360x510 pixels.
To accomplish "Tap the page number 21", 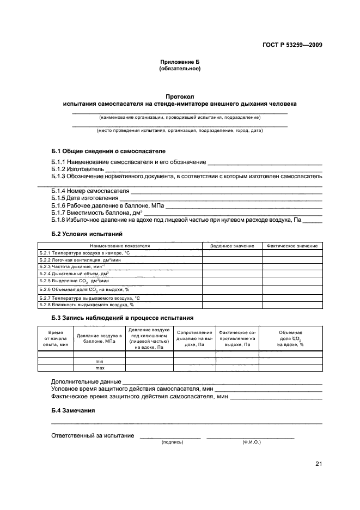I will pyautogui.click(x=318, y=464).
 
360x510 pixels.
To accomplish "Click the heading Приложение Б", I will pyautogui.click(x=180, y=63).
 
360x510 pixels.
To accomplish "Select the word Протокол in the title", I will pyautogui.click(x=180, y=96).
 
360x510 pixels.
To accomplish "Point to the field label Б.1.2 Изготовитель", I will pyautogui.click(x=74, y=169).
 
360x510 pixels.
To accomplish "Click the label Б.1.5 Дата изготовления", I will pyautogui.click(x=84, y=198).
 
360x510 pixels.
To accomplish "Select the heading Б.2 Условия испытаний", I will pyautogui.click(x=87, y=233).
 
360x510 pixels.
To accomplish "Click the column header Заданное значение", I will pyautogui.click(x=233, y=246).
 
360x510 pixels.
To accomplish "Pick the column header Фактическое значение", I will pyautogui.click(x=292, y=246).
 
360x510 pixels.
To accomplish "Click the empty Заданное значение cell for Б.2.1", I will pyautogui.click(x=233, y=253).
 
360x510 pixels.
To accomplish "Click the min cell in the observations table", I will pyautogui.click(x=100, y=361).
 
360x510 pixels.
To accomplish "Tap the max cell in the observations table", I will pyautogui.click(x=100, y=368).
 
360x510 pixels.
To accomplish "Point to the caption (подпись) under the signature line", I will pyautogui.click(x=172, y=442).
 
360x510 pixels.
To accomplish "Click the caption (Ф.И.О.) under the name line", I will pyautogui.click(x=252, y=442).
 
